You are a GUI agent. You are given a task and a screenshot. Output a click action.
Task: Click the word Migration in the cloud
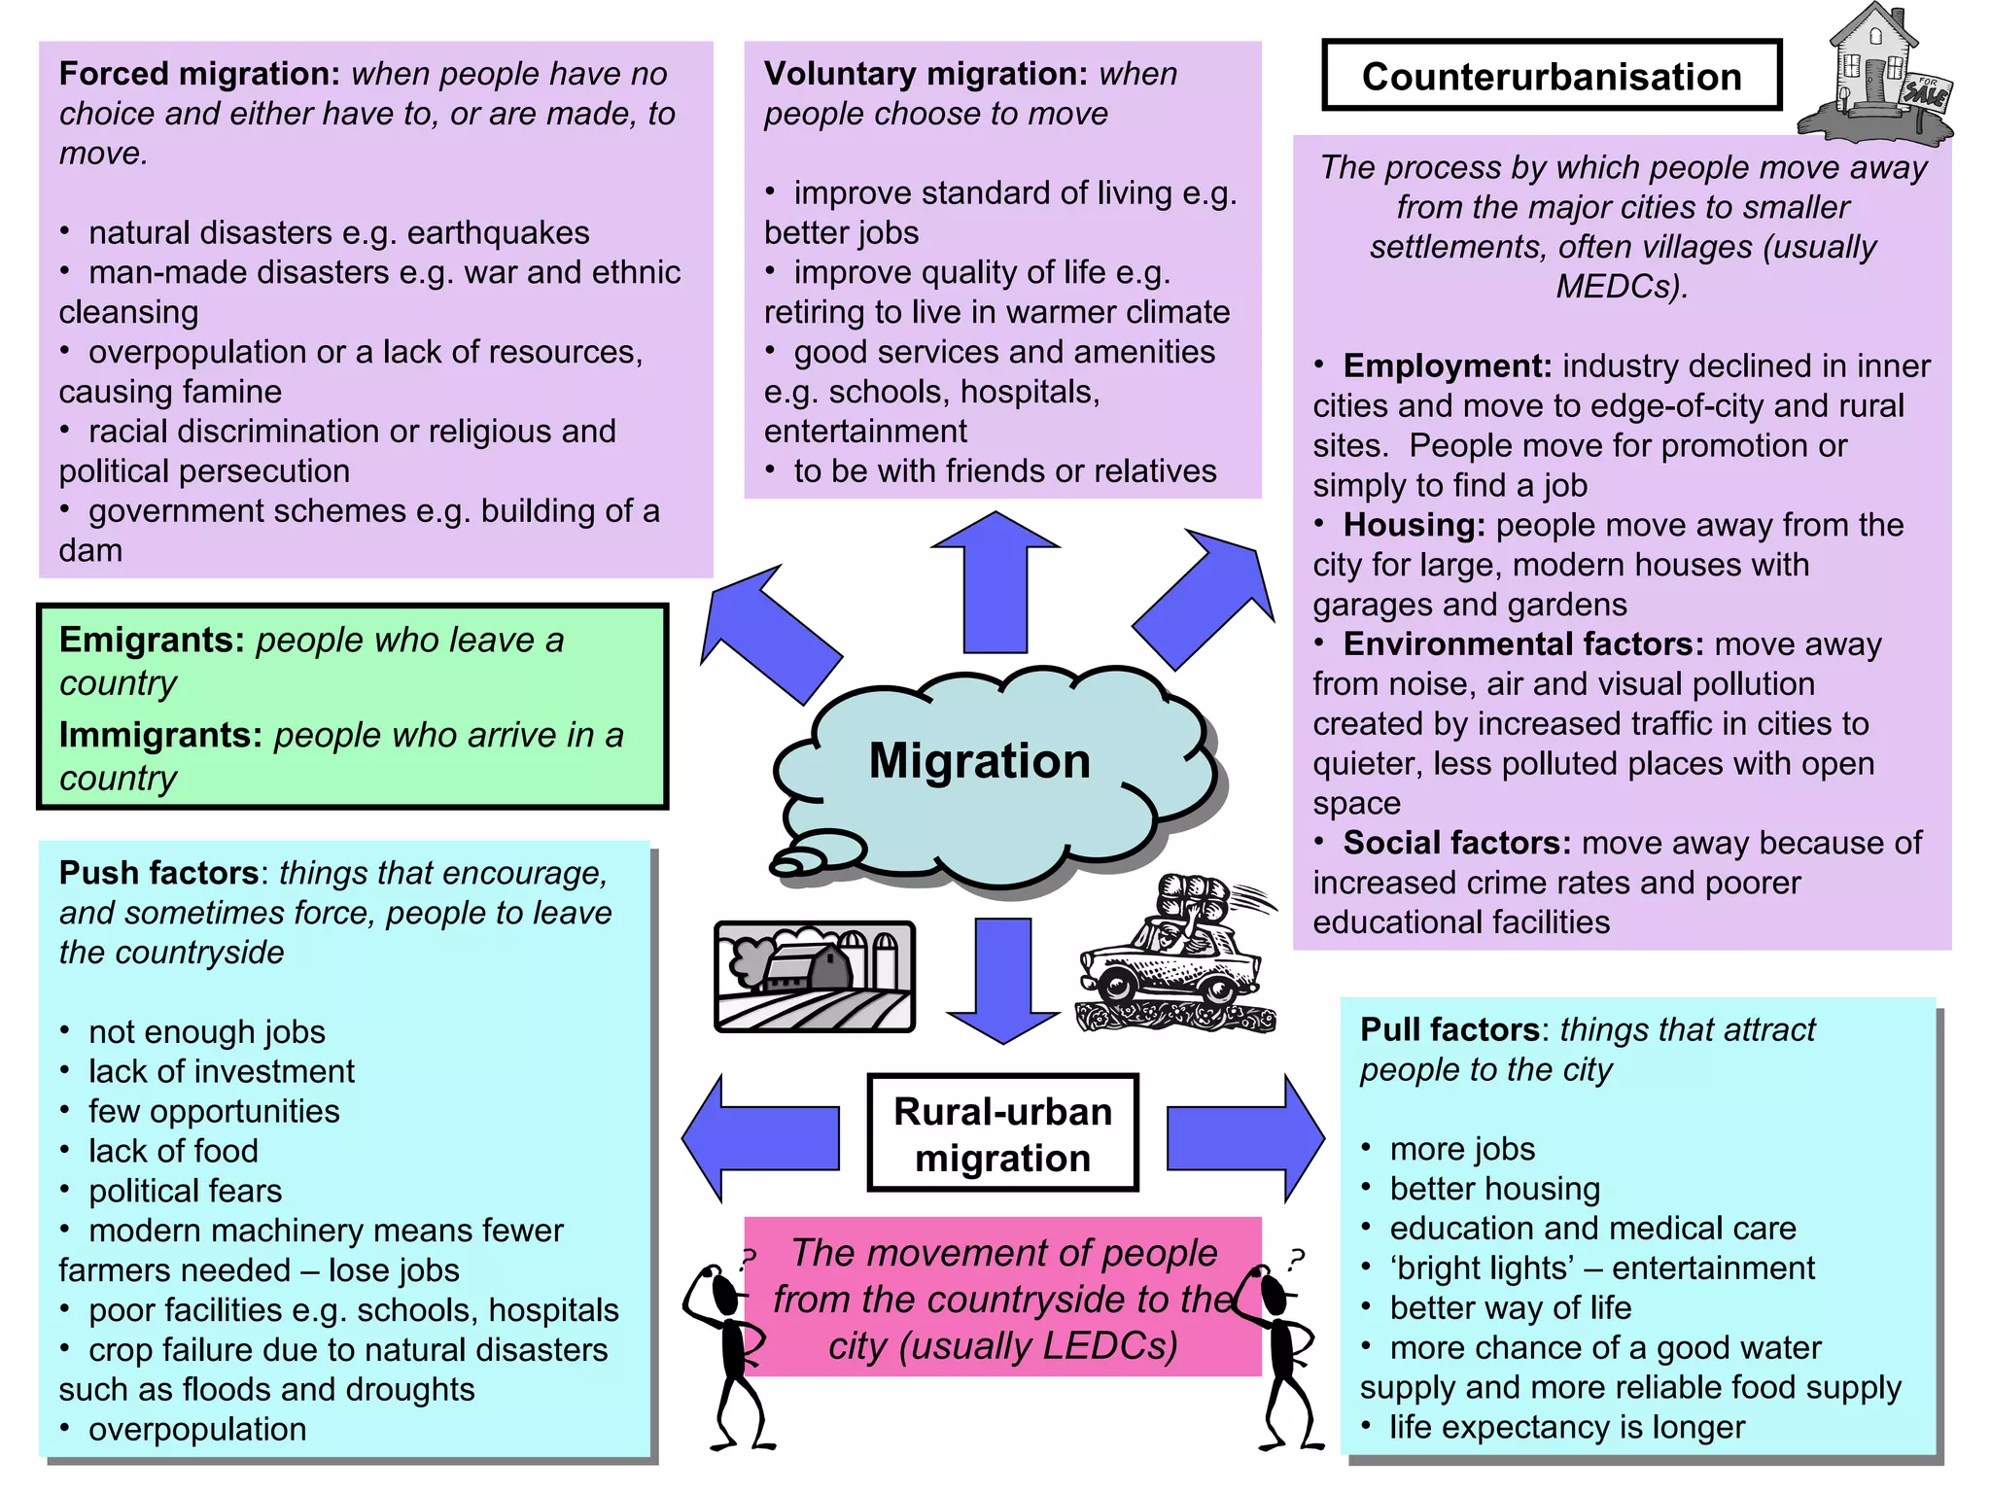[x=979, y=760]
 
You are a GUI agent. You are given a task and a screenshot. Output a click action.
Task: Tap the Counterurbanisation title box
[x=1551, y=76]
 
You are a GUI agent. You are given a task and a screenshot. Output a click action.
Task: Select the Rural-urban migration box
[x=1002, y=1133]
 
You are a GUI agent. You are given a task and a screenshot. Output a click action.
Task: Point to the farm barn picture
[x=815, y=976]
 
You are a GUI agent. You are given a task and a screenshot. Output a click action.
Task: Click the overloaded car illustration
[x=1176, y=957]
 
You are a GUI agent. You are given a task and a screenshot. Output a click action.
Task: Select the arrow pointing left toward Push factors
[x=760, y=1137]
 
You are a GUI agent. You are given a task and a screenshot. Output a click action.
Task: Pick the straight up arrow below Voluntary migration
[x=995, y=583]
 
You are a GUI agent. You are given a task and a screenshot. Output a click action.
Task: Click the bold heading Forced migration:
[x=199, y=74]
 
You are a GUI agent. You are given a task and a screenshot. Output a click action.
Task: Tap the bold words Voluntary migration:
[x=926, y=74]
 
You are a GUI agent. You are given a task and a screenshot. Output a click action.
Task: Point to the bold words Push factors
[x=158, y=873]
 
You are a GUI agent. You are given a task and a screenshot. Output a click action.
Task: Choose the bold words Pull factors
[x=1450, y=1029]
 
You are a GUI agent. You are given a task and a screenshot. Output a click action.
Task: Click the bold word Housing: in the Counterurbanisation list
[x=1414, y=525]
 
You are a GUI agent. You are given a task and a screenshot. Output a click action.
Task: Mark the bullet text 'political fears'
[x=185, y=1191]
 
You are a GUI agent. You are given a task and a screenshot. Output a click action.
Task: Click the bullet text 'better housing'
[x=1494, y=1189]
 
